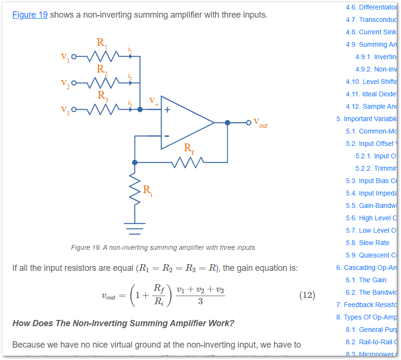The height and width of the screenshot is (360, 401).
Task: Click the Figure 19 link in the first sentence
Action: pos(30,15)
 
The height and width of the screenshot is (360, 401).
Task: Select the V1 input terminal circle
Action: pos(73,57)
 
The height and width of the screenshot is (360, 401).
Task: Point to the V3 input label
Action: pos(65,110)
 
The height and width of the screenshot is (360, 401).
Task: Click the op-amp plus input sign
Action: pos(167,110)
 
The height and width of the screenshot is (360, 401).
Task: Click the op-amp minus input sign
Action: pos(167,136)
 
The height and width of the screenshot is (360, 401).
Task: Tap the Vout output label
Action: pos(260,123)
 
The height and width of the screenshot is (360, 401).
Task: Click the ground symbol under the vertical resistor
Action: pos(135,228)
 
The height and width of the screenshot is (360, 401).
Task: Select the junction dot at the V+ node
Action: pos(140,109)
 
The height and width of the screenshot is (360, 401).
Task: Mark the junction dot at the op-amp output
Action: pos(227,123)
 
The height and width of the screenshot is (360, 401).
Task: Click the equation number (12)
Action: pos(307,295)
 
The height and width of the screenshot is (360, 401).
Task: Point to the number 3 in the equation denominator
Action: pos(200,301)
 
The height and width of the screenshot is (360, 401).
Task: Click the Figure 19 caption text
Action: pos(164,247)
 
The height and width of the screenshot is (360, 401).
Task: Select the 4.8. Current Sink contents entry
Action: pos(370,32)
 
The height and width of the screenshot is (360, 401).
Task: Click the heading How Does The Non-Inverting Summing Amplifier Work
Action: pos(123,323)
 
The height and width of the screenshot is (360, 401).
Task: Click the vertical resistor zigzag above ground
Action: pos(135,191)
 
